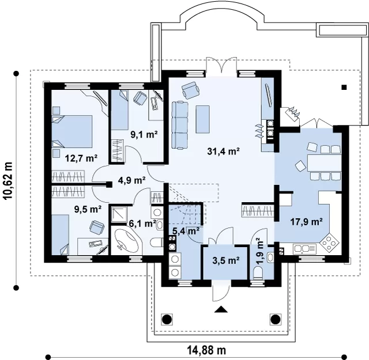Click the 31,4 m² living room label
[223, 151]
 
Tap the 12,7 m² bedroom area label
[81, 158]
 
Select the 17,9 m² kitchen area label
[306, 222]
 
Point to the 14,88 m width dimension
[206, 350]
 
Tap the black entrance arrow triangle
[221, 309]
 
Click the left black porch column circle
[167, 319]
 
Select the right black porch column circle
[274, 319]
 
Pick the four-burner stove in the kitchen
[329, 241]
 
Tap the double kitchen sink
[304, 249]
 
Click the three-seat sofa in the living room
[180, 125]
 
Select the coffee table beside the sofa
[202, 119]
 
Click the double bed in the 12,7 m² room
[71, 131]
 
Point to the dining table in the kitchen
[324, 162]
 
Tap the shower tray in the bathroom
[119, 215]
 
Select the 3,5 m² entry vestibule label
[225, 260]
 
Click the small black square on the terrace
[344, 88]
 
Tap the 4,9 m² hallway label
[131, 180]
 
